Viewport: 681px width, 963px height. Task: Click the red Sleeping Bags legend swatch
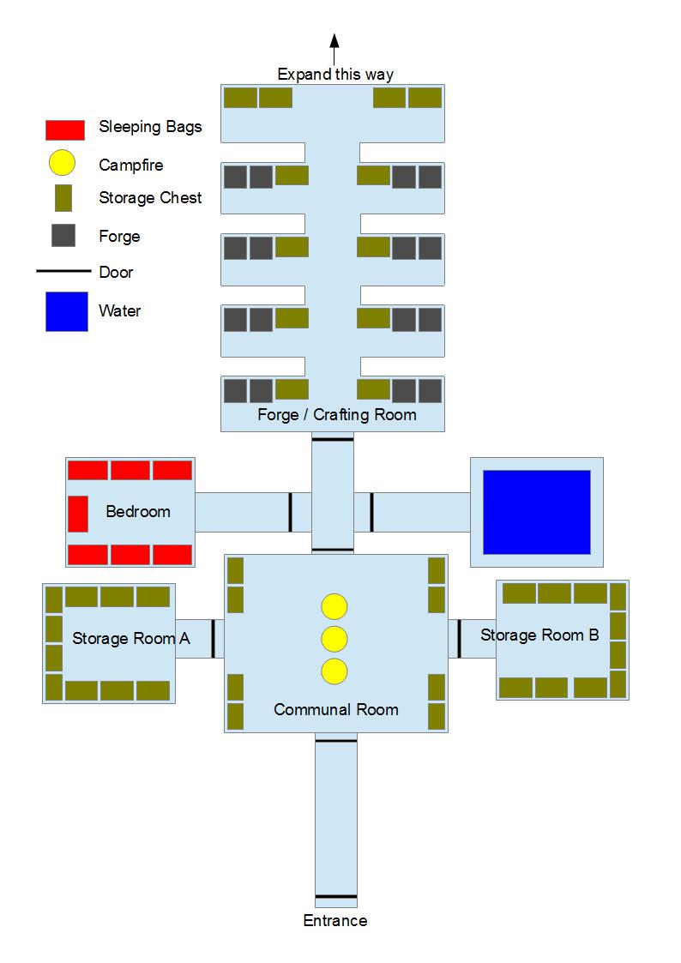click(64, 129)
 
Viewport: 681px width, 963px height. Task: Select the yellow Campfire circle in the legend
click(62, 164)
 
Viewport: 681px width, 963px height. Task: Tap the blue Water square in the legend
click(66, 311)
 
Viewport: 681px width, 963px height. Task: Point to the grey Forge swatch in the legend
click(63, 235)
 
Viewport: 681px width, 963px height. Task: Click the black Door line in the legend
click(63, 271)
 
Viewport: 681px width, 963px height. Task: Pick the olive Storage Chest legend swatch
click(63, 198)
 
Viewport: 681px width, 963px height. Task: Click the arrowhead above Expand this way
click(334, 40)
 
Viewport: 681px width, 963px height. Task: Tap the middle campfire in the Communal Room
click(334, 640)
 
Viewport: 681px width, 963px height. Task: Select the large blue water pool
click(537, 512)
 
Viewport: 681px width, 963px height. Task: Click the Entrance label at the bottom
click(335, 921)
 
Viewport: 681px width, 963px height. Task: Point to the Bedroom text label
click(138, 512)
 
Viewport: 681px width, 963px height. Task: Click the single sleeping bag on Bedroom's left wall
click(78, 514)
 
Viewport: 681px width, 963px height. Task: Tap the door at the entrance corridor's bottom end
click(336, 897)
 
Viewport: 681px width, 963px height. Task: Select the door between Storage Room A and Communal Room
click(213, 639)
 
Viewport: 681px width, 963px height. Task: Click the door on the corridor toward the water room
click(371, 512)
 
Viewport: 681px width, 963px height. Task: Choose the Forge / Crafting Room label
click(337, 415)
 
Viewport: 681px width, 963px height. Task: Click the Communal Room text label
click(336, 710)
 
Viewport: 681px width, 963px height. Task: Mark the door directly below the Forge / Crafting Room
click(332, 439)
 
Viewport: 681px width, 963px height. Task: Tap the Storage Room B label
click(539, 635)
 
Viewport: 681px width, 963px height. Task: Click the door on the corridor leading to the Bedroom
click(291, 512)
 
